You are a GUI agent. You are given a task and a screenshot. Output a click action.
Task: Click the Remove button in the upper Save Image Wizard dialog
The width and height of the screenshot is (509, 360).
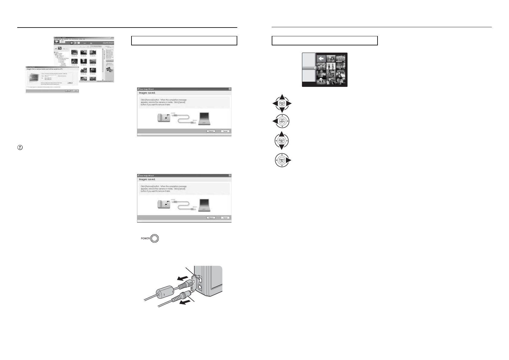211,131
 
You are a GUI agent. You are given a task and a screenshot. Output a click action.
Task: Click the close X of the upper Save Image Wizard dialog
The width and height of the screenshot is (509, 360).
230,89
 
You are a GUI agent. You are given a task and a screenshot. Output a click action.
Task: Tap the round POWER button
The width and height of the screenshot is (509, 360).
154,238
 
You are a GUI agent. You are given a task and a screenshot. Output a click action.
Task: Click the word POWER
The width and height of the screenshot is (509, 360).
145,238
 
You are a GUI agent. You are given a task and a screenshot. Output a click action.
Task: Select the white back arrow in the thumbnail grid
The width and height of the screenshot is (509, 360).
321,58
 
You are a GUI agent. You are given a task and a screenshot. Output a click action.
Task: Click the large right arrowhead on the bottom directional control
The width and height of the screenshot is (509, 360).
289,160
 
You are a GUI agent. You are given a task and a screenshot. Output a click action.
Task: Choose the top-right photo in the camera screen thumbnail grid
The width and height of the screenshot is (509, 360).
341,58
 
